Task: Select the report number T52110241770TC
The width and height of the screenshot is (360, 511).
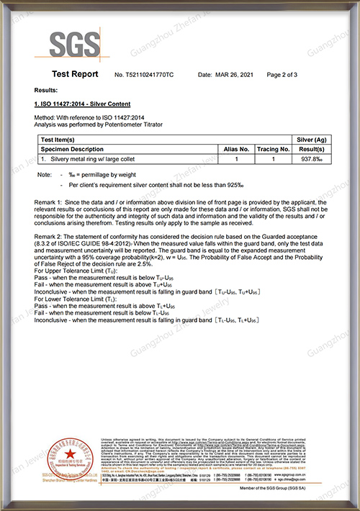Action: coord(144,75)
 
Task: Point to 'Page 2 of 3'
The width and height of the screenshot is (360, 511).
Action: coord(282,75)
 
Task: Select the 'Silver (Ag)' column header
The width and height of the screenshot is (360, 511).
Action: coord(312,140)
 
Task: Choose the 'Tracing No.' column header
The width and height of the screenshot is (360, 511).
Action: coord(273,149)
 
